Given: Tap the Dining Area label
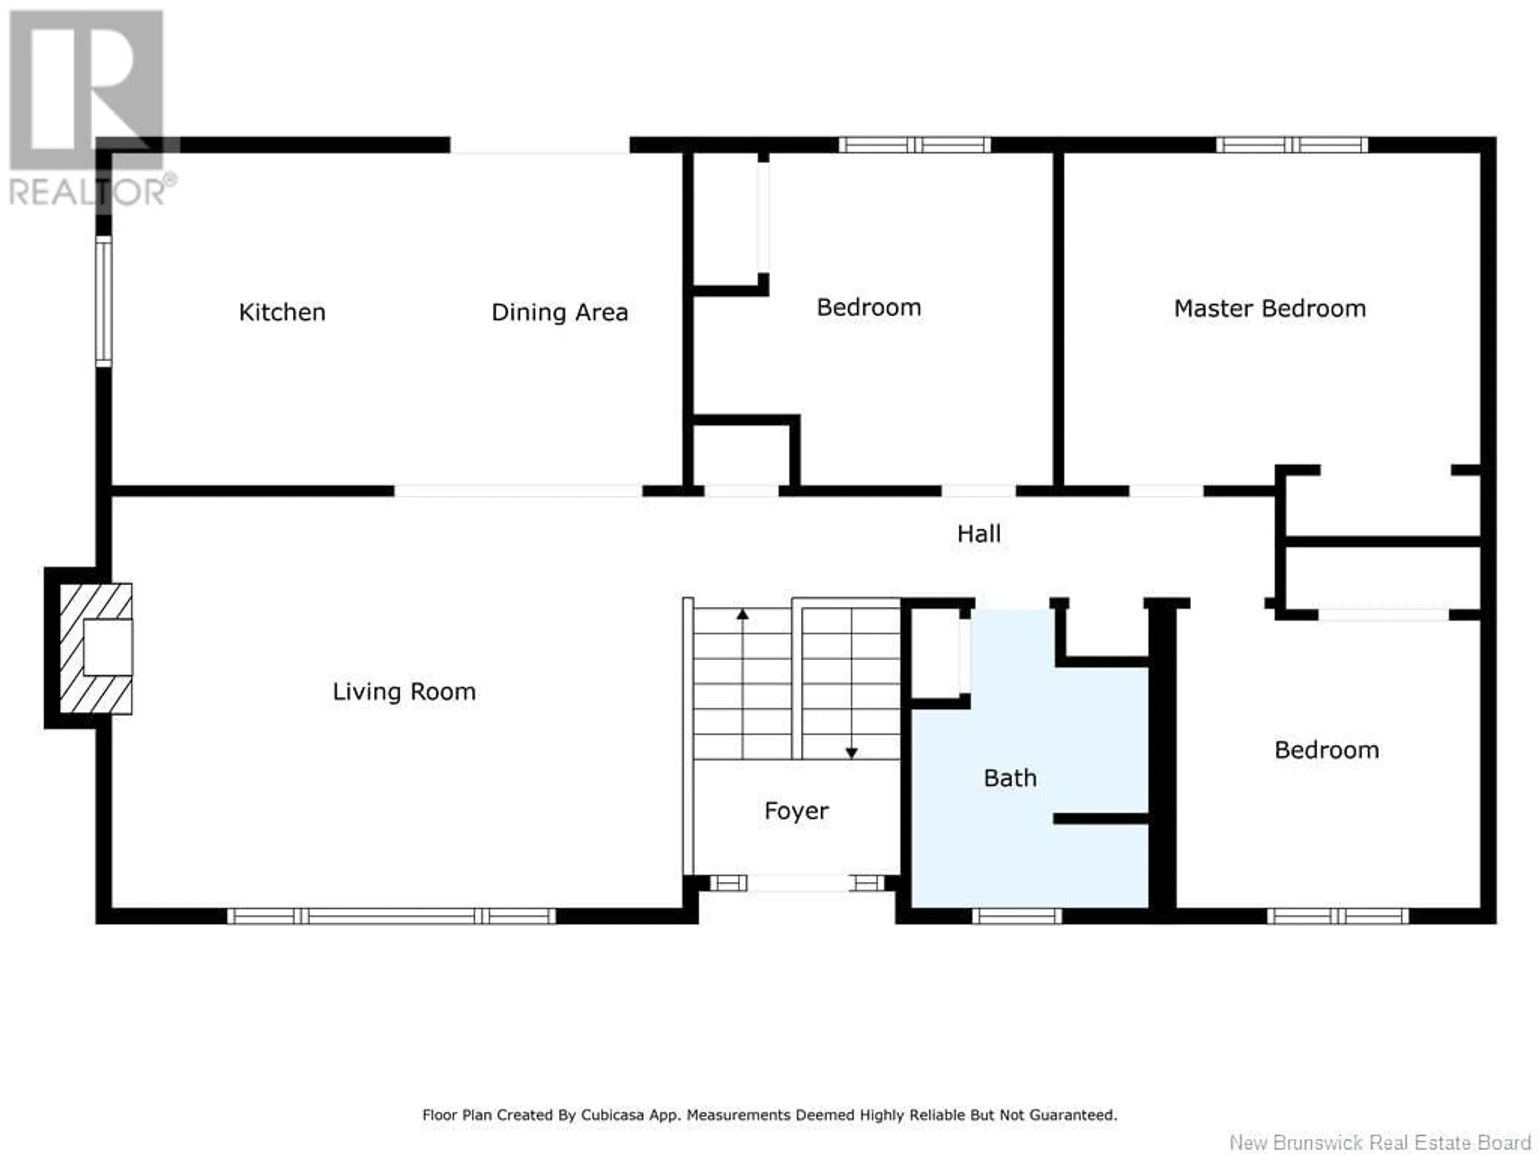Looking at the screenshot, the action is coord(559,312).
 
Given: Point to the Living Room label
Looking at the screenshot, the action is coord(404,692).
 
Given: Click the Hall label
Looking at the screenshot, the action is coord(979,534).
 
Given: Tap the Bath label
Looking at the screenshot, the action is coord(1010,778).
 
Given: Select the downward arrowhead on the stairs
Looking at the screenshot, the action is coord(851,753).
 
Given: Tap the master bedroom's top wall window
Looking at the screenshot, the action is coord(1292,145).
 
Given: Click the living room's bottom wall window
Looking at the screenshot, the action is coord(391,916).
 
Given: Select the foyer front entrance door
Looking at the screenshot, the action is coord(797,884).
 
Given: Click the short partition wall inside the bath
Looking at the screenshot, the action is coord(1101,819).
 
